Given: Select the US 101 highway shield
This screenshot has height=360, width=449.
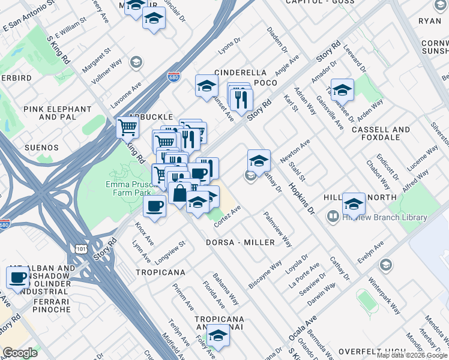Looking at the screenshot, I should click(x=80, y=248).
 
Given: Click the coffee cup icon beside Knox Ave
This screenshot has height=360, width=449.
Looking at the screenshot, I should click(x=155, y=206).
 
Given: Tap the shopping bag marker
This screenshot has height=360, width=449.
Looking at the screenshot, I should click(x=179, y=194).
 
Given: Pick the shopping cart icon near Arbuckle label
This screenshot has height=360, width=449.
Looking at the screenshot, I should click(x=127, y=127).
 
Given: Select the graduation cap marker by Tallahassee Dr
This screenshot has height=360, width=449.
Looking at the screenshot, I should click(x=342, y=90).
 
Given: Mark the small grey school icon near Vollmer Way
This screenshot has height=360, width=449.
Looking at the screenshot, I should click(x=136, y=62).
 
